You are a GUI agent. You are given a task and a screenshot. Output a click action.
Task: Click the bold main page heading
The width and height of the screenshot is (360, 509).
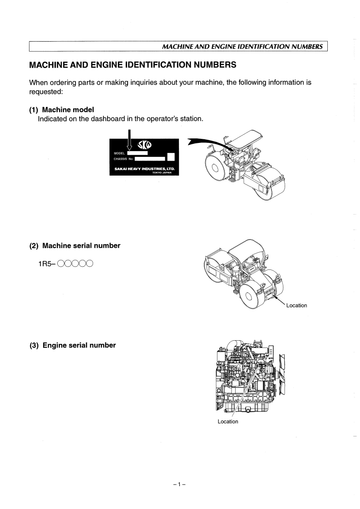click(133, 65)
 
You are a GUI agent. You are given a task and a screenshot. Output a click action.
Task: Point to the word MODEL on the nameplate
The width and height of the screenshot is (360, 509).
click(119, 154)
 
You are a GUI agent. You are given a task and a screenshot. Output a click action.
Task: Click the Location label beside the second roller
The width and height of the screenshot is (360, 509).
click(296, 305)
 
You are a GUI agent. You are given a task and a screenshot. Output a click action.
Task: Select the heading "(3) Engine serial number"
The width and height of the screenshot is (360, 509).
click(73, 345)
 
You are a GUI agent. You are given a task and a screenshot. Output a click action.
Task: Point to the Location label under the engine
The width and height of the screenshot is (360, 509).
click(228, 421)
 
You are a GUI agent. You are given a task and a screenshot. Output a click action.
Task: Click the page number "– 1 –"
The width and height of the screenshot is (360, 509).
click(180, 485)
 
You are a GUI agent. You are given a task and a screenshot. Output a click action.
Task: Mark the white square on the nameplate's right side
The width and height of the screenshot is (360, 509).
click(171, 157)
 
